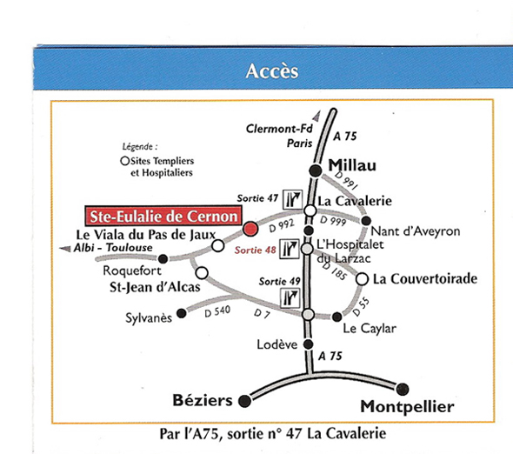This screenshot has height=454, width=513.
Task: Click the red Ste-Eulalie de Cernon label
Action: click(163, 216)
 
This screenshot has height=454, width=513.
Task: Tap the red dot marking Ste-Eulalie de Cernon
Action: click(250, 229)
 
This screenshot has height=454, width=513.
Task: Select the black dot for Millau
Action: click(316, 170)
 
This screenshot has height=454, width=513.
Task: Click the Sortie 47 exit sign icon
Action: click(293, 199)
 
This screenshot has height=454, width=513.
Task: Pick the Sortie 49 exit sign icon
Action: click(290, 297)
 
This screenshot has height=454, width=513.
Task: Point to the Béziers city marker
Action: click(244, 401)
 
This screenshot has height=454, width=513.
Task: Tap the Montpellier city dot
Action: click(402, 389)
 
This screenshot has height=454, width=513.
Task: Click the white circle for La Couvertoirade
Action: click(362, 279)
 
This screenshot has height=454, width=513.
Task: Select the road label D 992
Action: click(282, 225)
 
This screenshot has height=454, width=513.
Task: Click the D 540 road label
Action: click(217, 311)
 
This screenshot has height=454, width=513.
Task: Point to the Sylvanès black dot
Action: click(181, 314)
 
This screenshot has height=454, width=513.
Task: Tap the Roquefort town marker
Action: click(163, 259)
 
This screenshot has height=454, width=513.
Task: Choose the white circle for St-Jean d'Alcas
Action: click(202, 273)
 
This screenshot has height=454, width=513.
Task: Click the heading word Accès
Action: click(272, 71)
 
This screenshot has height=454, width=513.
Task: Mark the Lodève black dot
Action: click(308, 344)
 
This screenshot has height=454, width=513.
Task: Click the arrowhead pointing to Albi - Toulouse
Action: click(65, 249)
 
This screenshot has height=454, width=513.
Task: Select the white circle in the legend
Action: click(124, 161)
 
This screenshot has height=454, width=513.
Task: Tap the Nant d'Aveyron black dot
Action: click(366, 221)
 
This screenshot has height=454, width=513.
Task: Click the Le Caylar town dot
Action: click(337, 317)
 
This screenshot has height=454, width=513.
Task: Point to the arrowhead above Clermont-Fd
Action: click(316, 117)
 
